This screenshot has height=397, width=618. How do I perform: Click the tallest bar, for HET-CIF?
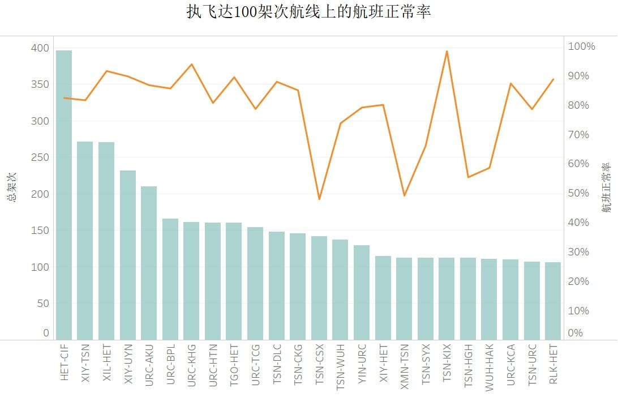click(x=64, y=195)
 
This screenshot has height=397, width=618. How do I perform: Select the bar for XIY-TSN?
click(x=85, y=241)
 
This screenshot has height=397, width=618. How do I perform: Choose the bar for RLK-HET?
click(x=553, y=301)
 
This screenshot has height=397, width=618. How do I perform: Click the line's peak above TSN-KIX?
click(x=447, y=52)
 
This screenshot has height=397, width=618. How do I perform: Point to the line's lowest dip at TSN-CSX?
click(x=319, y=199)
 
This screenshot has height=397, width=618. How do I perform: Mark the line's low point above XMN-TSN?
click(x=404, y=195)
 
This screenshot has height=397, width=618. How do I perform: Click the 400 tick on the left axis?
click(x=40, y=48)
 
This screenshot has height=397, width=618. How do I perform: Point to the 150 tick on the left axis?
click(x=40, y=230)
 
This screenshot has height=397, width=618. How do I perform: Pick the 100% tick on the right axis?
click(x=582, y=46)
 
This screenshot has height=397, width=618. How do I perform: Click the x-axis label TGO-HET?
click(x=234, y=362)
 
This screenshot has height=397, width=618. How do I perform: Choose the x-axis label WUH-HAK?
click(x=489, y=362)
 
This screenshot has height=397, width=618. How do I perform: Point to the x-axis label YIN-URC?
click(x=362, y=362)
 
